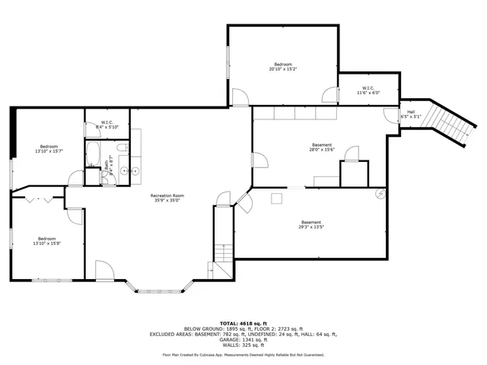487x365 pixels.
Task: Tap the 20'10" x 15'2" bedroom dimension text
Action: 282,69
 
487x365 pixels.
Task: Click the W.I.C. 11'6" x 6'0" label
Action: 368,90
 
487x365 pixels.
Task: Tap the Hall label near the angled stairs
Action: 411,114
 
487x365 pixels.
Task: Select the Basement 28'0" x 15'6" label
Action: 322,148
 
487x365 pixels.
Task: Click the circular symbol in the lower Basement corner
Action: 379,193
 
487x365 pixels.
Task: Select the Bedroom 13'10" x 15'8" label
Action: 47,240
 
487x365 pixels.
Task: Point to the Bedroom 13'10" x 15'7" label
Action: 49,148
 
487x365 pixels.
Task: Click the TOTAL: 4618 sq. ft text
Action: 243,323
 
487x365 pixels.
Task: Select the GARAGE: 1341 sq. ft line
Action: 243,339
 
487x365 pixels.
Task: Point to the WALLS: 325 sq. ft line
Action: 243,344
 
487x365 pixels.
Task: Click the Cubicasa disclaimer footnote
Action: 243,354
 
